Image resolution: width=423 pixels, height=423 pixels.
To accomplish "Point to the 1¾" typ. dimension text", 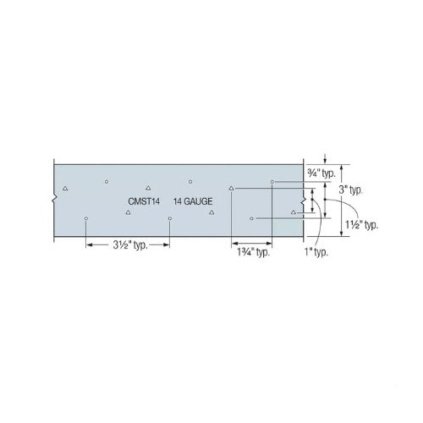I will pos(252,251).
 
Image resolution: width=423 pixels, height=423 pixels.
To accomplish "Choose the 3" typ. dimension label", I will pos(351,190).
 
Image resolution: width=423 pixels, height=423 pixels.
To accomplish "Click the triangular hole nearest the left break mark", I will pos(65,188).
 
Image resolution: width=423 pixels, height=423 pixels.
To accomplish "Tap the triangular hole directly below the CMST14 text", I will pos(128,212).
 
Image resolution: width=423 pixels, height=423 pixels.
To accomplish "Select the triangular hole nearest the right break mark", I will pos(294,211).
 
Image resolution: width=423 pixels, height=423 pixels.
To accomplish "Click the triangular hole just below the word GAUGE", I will pos(211,212).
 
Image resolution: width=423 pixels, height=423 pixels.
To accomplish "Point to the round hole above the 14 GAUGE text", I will pos(190,181).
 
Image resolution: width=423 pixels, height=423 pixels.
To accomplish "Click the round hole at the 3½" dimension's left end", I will pos(86,218).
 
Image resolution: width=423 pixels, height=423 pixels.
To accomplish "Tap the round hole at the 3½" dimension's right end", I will pos(170,218).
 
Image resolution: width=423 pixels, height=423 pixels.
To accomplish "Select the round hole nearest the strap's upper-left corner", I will pos(107,181).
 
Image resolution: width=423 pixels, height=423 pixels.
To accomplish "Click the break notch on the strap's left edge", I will pos(53,200).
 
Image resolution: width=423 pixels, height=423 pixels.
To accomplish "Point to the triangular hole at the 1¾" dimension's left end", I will pos(231,188).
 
